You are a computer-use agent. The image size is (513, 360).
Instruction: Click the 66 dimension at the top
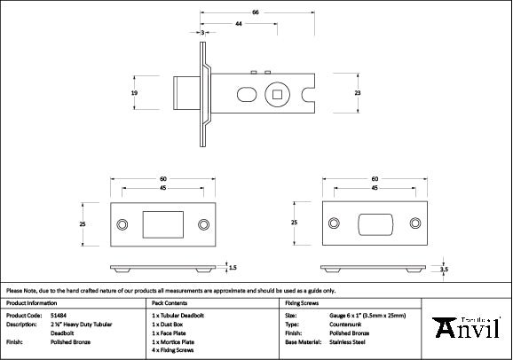click(256, 13)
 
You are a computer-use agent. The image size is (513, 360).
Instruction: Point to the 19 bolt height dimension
click(133, 92)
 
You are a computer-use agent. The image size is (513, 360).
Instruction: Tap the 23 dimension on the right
click(358, 92)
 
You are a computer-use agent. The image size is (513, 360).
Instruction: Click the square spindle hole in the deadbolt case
click(279, 92)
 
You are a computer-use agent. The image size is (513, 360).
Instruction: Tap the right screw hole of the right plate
click(415, 223)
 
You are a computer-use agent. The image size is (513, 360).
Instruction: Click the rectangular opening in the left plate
click(162, 225)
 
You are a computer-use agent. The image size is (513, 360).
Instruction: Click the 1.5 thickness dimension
click(233, 266)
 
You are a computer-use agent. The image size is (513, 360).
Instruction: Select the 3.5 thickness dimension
click(444, 269)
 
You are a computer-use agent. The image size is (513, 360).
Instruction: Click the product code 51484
click(55, 315)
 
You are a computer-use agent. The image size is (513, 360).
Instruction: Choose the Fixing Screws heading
click(302, 302)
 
